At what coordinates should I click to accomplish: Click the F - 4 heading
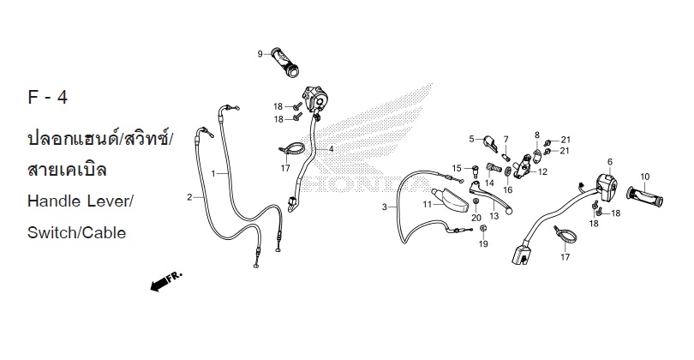[x=48, y=98]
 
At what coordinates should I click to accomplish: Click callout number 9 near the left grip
[x=260, y=55]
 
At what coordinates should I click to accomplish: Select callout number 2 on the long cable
[x=189, y=197]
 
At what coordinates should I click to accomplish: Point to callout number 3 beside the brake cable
[x=385, y=207]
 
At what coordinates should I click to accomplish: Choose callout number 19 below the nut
[x=483, y=244]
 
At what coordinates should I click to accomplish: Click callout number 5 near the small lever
[x=470, y=138]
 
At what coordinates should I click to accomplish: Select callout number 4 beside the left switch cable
[x=331, y=149]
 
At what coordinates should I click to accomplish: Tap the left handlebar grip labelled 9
[x=286, y=59]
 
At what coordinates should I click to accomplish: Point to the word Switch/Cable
[x=76, y=231]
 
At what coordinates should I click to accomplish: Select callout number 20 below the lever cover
[x=476, y=218]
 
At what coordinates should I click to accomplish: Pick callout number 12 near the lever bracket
[x=543, y=171]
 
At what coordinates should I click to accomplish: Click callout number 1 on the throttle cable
[x=213, y=173]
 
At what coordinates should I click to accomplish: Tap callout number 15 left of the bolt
[x=457, y=167]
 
